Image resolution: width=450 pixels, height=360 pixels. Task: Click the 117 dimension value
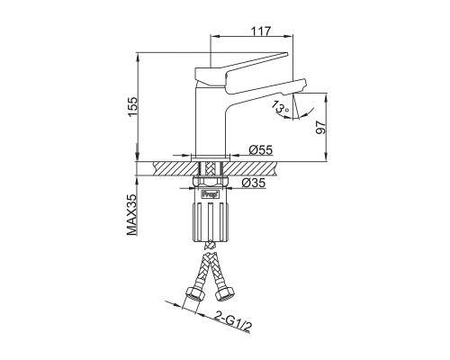point(261,31)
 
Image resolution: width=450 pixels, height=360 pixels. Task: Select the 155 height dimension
point(132,107)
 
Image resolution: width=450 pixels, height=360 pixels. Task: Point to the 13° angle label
point(280,107)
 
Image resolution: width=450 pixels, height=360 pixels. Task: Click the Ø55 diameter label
point(260,149)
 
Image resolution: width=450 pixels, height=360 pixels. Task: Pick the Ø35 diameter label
point(254,183)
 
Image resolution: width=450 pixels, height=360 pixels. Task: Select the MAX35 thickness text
point(132,214)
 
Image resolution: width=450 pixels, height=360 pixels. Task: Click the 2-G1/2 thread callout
point(233,323)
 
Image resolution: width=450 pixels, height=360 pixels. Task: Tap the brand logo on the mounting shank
point(211,194)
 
